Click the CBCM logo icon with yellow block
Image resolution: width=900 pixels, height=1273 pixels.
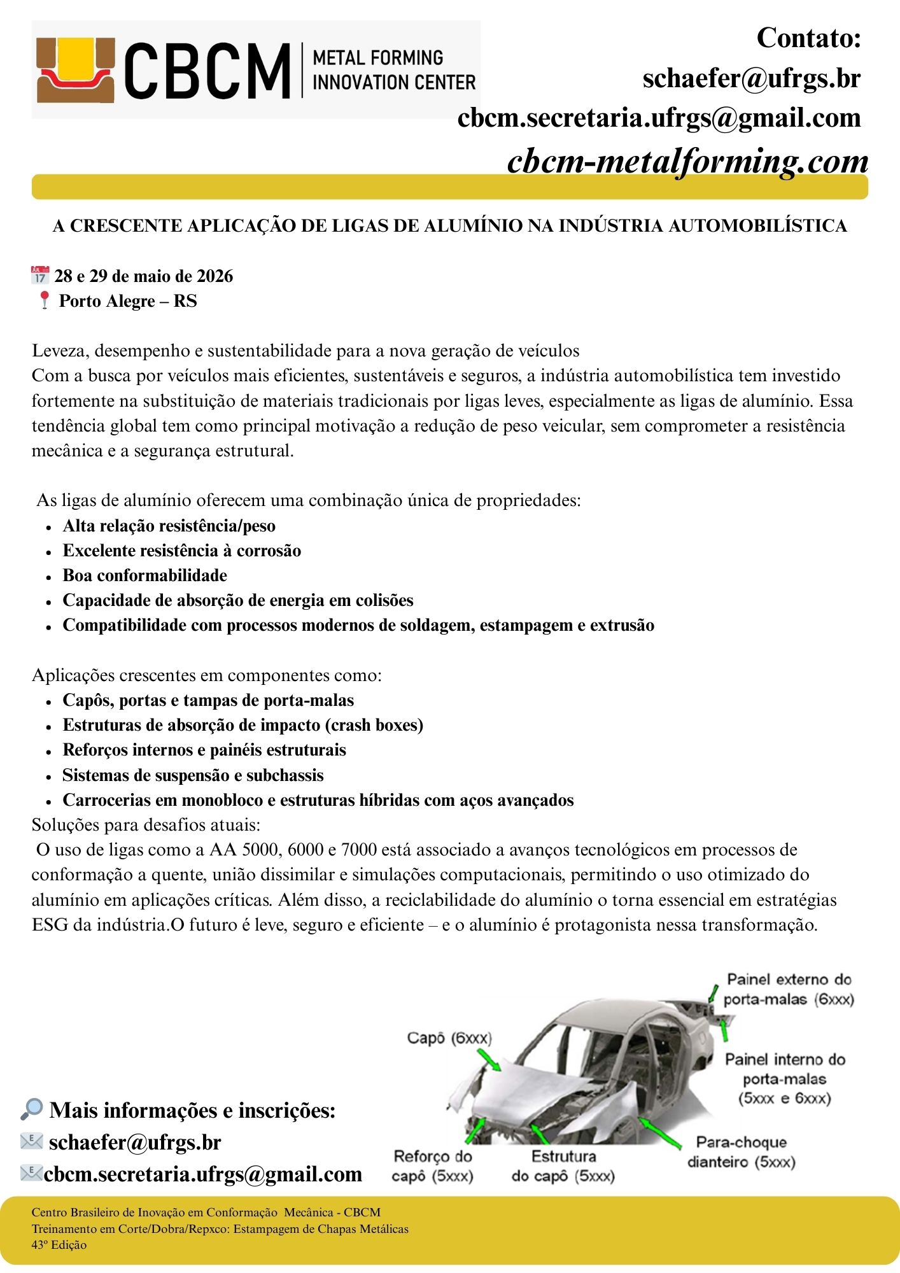point(76,69)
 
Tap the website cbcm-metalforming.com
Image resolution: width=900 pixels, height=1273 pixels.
point(687,160)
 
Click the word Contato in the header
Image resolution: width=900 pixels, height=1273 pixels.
point(808,38)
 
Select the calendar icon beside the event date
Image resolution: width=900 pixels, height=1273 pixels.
point(39,276)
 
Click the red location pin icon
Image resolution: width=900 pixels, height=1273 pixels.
point(44,300)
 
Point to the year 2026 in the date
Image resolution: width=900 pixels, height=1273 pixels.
point(214,276)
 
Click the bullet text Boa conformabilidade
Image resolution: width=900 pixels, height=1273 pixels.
point(144,575)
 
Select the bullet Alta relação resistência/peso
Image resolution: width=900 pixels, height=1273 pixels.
point(169,526)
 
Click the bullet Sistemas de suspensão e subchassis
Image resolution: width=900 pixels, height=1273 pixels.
point(193,775)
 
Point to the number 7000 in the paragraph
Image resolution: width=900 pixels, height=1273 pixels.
point(359,850)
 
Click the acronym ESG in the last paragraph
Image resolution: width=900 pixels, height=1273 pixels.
point(50,925)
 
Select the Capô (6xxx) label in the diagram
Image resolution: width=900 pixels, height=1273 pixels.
point(449,1038)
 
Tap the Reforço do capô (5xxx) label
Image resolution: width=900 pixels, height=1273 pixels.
point(433,1165)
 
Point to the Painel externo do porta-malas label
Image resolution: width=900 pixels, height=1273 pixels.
point(789,989)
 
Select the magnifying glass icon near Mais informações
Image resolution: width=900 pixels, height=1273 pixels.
point(31,1109)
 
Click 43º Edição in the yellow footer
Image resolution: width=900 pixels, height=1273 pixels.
point(59,1245)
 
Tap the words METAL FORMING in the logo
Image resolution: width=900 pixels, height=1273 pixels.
point(378,58)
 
